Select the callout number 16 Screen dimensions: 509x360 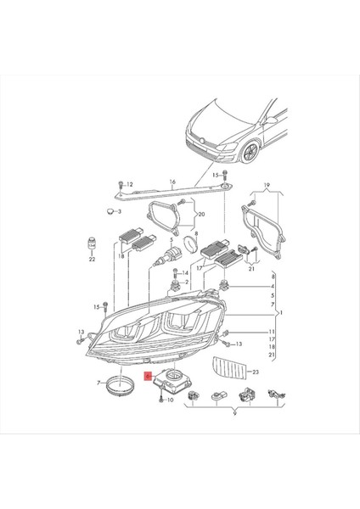(x=171, y=182)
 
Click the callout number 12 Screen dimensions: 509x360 (x=132, y=184)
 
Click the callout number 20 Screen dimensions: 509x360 (x=201, y=215)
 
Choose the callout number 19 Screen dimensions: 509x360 (x=266, y=184)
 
